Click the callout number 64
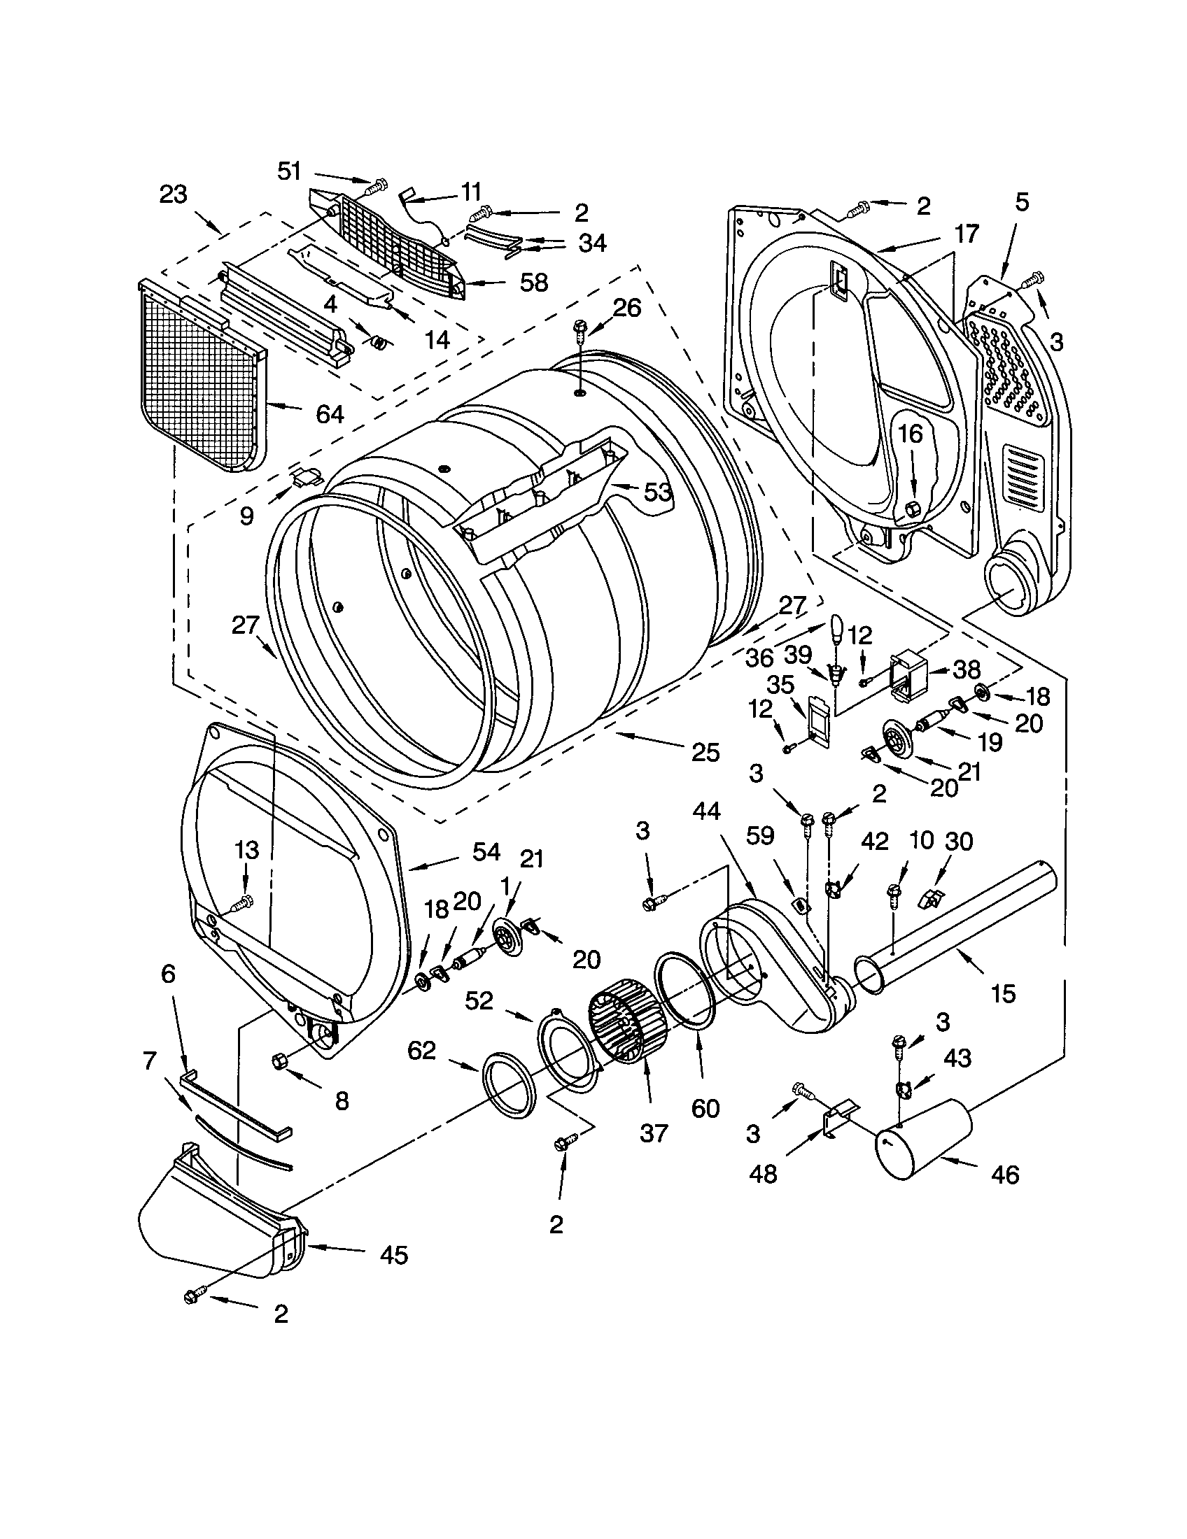[330, 413]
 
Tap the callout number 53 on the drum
[657, 492]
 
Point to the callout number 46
[1004, 1175]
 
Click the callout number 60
[705, 1109]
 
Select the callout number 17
[967, 233]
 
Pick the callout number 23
[173, 194]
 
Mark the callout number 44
[705, 811]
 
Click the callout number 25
[705, 753]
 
